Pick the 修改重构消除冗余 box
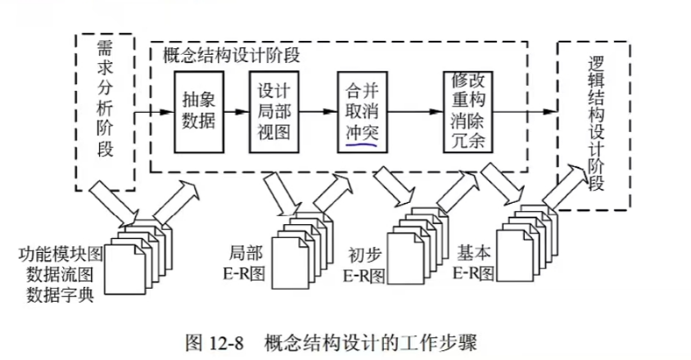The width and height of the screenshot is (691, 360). [467, 111]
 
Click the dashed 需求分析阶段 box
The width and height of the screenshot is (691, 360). [107, 110]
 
